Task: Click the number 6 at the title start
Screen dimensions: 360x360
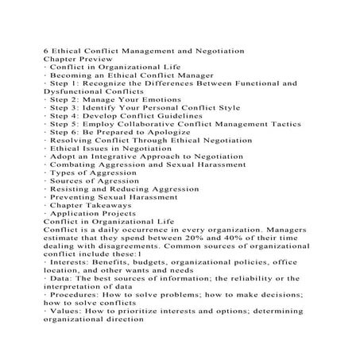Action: tap(45, 52)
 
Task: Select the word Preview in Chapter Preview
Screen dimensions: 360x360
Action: tap(95, 60)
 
